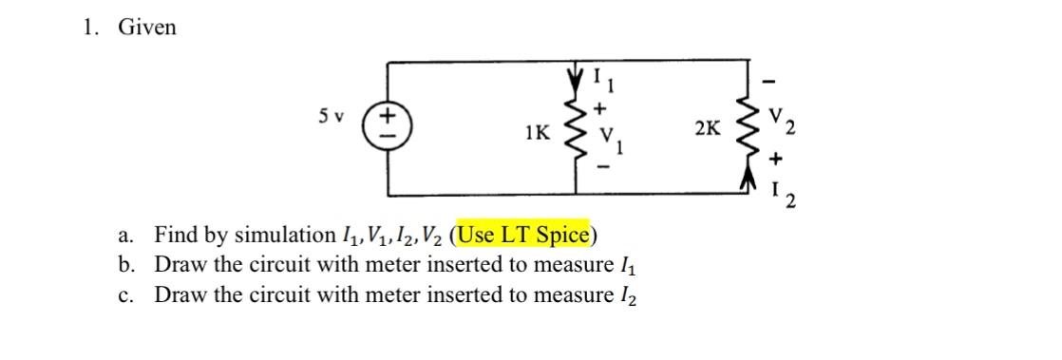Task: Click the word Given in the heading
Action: [x=146, y=28]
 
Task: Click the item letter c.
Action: [x=129, y=294]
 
